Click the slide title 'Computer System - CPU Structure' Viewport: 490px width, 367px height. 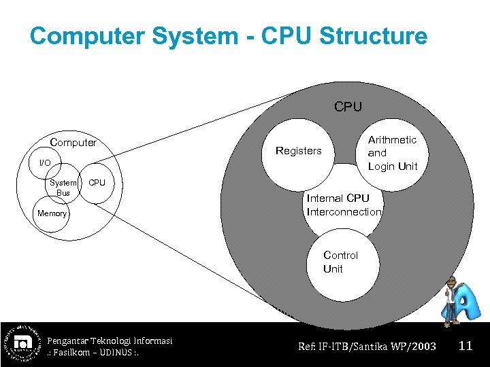[228, 36]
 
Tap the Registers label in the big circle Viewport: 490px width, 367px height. [298, 151]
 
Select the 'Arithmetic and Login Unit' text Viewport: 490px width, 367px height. [393, 153]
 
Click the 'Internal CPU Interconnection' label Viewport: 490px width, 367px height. [344, 205]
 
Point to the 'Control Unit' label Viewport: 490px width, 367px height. [340, 262]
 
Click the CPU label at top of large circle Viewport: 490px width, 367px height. [348, 107]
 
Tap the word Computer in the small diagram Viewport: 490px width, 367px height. [73, 143]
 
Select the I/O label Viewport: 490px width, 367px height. [45, 162]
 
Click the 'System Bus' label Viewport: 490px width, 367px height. [63, 188]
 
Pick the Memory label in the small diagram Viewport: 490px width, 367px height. [52, 213]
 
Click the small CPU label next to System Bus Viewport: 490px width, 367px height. [97, 183]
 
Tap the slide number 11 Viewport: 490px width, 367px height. [465, 346]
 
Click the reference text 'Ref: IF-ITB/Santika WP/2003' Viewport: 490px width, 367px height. [367, 347]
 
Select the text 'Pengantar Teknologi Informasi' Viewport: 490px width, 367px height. [110, 340]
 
